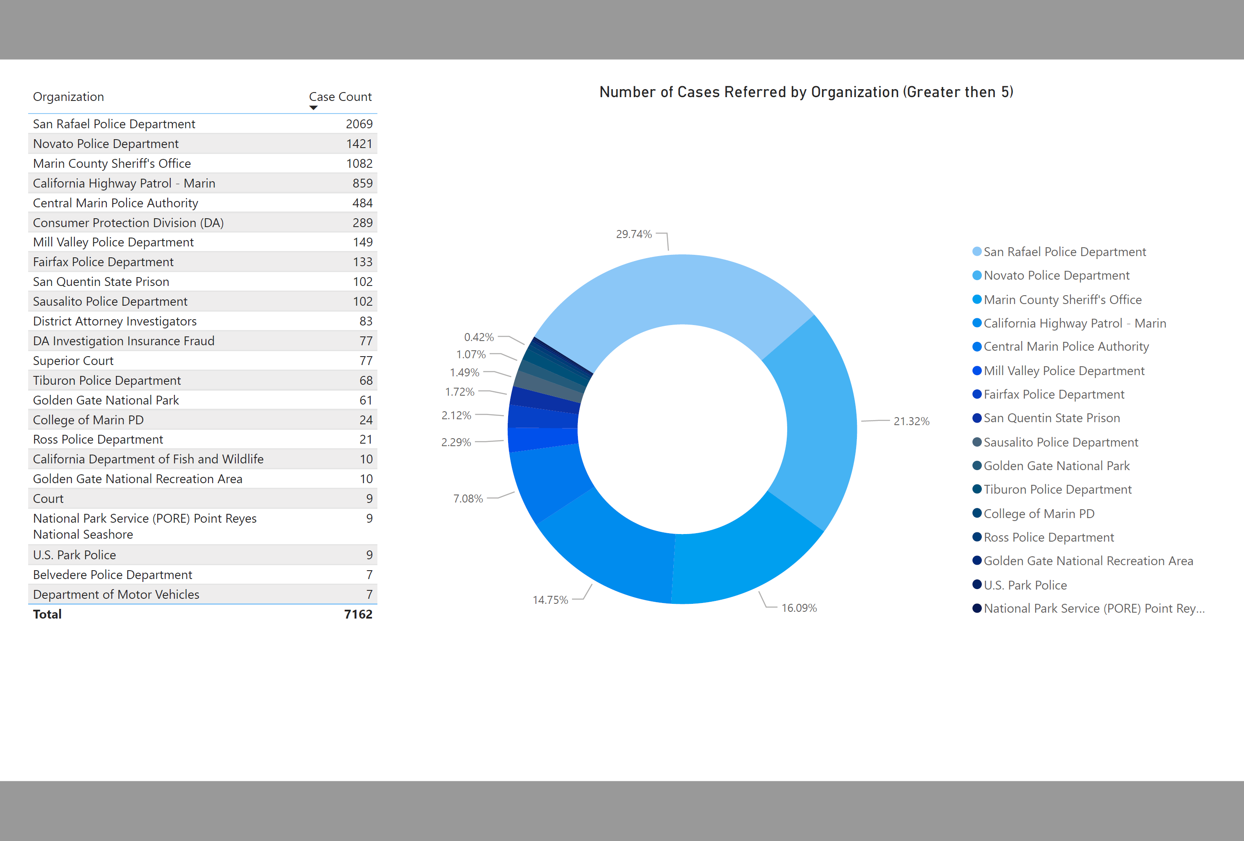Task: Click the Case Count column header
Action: point(340,97)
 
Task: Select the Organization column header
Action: point(69,97)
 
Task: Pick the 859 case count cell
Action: point(362,183)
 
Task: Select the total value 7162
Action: point(358,614)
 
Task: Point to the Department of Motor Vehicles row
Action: point(116,595)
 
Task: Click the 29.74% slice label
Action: point(633,235)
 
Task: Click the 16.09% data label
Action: point(799,608)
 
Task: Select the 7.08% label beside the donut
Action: point(468,499)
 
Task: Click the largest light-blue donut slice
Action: point(675,289)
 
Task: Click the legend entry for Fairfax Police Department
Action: point(1054,395)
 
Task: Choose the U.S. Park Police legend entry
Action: point(1025,585)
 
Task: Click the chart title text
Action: point(806,92)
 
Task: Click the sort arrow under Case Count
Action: point(314,108)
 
